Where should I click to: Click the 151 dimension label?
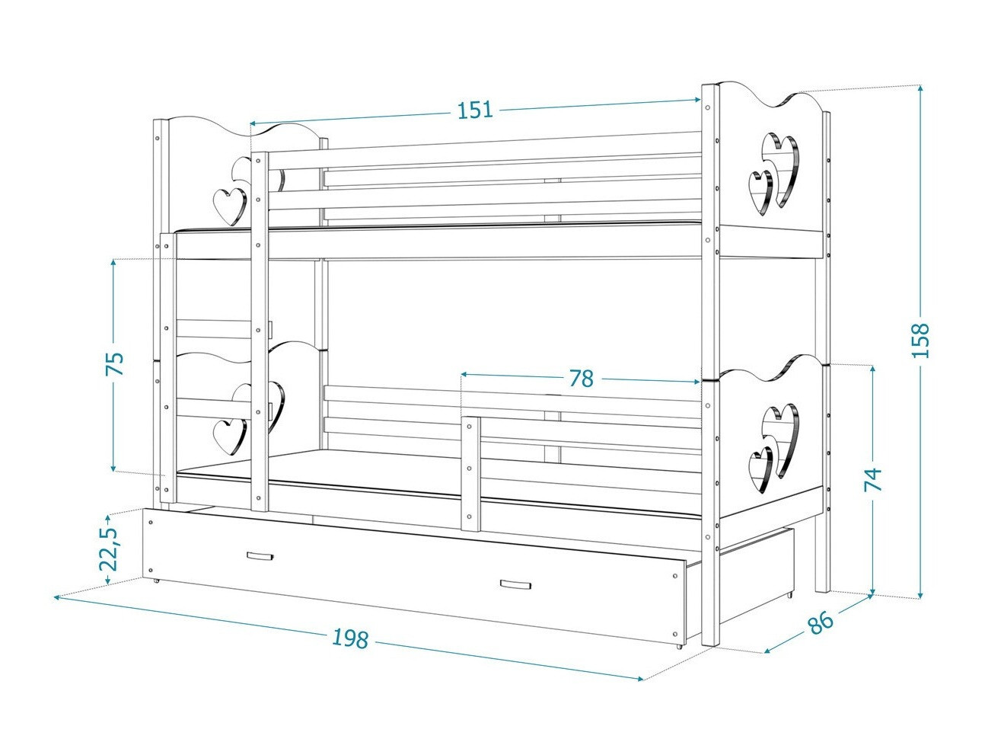(475, 110)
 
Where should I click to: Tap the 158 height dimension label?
(921, 341)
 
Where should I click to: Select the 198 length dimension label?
(350, 638)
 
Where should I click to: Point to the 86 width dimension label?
(820, 622)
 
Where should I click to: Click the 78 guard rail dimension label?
(581, 378)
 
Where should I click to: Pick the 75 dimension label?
(114, 364)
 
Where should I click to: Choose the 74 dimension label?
(873, 478)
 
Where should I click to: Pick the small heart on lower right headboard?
(761, 466)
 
